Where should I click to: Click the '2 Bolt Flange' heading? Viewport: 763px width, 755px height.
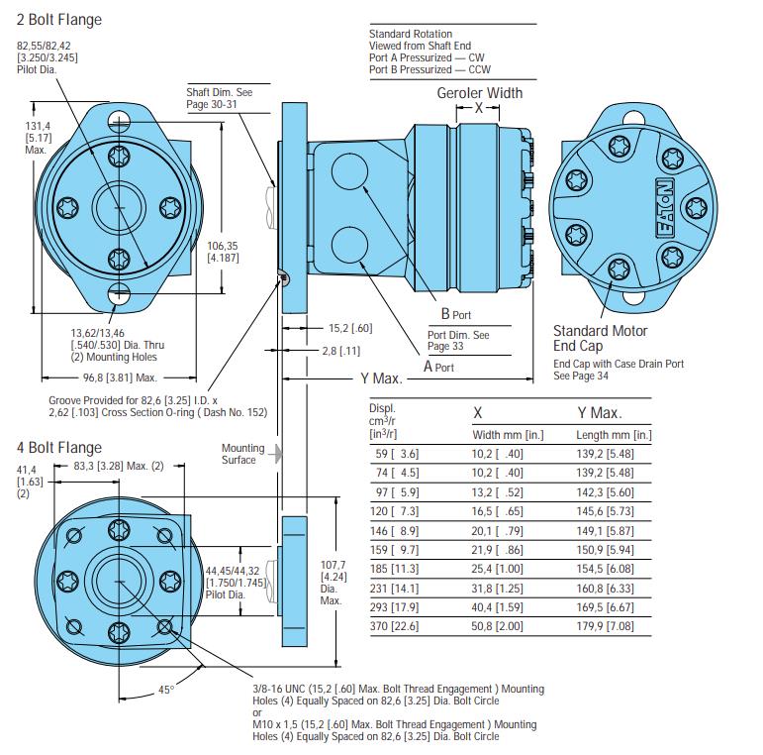[58, 20]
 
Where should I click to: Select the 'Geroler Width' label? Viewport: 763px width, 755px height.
[480, 93]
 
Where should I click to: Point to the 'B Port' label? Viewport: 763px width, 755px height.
[455, 314]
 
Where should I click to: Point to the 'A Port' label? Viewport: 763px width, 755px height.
[438, 367]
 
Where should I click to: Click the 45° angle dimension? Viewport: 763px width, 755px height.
[163, 691]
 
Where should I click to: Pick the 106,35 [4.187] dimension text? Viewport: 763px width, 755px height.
[224, 252]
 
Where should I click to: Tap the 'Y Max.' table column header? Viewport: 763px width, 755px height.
[599, 412]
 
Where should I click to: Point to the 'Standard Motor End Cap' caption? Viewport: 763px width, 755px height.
[600, 338]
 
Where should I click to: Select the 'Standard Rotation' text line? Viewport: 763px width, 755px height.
[410, 34]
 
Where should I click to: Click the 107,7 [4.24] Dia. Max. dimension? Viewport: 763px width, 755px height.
[331, 582]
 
